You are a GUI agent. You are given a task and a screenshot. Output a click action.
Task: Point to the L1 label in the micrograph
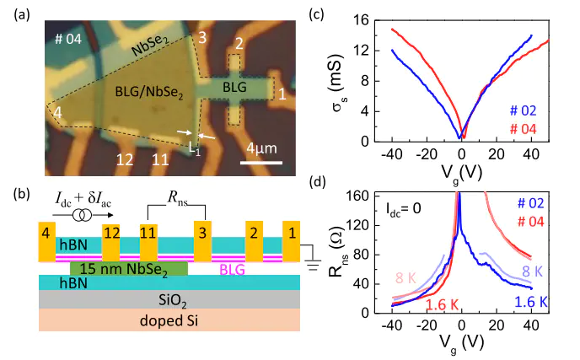coord(195,148)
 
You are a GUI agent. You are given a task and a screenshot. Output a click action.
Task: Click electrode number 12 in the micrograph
coord(125,159)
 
